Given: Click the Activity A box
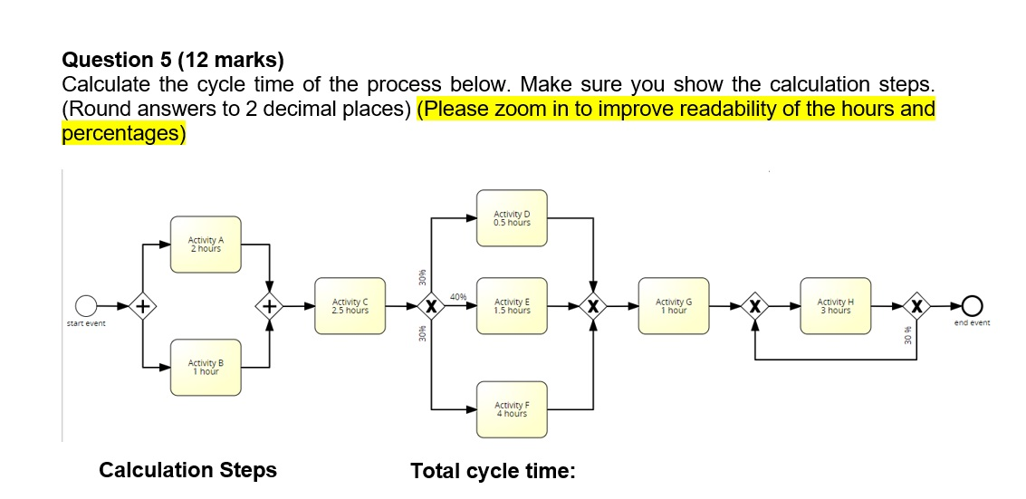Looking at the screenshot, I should click(x=206, y=244).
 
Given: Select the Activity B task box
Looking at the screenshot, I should click(x=206, y=367).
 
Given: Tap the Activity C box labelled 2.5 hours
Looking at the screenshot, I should click(x=350, y=306).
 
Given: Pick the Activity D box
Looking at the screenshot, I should click(x=512, y=218).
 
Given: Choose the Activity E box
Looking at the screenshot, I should click(x=512, y=306).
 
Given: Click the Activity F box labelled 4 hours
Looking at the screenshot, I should click(x=512, y=409).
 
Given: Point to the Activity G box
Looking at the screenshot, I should click(x=673, y=306).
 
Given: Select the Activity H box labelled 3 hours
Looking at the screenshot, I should click(x=835, y=306).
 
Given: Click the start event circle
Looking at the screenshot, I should click(x=86, y=306).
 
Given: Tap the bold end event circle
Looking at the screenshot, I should click(x=973, y=306).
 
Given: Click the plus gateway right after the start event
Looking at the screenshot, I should click(x=142, y=306).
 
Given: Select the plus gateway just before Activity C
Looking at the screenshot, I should click(x=269, y=306).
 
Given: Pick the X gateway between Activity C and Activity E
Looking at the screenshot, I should click(x=432, y=306).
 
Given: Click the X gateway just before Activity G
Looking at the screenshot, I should click(x=593, y=306).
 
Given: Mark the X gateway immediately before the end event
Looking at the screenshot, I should click(x=917, y=306).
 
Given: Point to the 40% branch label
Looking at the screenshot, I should click(x=457, y=296).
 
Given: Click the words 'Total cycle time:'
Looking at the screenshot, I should click(x=493, y=471).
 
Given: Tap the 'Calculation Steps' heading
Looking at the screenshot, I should click(x=187, y=470).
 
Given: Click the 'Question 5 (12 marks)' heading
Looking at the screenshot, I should click(x=172, y=61).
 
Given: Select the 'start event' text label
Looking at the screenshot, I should click(x=86, y=323).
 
